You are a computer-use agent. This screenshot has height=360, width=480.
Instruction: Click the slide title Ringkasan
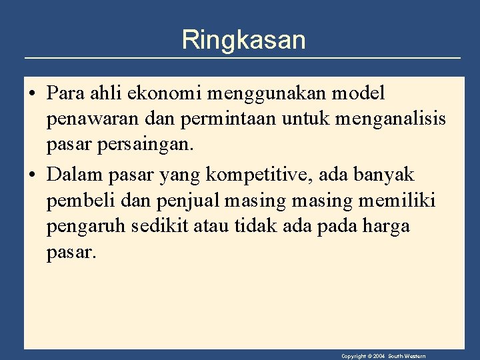pos(243,40)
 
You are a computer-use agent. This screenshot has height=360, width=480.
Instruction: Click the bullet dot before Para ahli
pos(32,94)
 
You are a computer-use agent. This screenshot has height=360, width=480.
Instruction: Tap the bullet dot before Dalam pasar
pos(32,175)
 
